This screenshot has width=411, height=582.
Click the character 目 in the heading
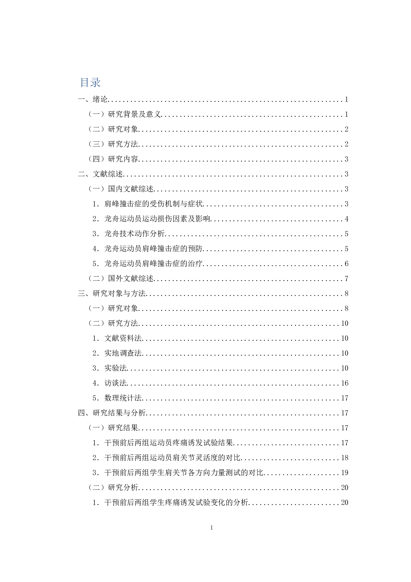[x=85, y=83]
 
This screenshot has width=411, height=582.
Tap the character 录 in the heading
[x=95, y=83]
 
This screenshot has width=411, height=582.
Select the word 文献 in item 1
[x=112, y=338]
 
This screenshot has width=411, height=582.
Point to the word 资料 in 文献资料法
[x=127, y=338]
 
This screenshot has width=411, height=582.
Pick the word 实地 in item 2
[x=112, y=353]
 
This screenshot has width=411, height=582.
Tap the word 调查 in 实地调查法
[x=127, y=353]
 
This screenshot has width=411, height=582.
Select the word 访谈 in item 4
[x=112, y=383]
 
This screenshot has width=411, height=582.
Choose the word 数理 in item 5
[x=112, y=398]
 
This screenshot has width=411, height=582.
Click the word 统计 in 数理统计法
[x=127, y=398]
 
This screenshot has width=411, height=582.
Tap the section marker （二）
[x=96, y=487]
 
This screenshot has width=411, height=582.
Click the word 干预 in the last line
[x=112, y=502]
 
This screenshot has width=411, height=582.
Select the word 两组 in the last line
[x=142, y=502]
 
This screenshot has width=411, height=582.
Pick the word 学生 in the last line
[x=157, y=502]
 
